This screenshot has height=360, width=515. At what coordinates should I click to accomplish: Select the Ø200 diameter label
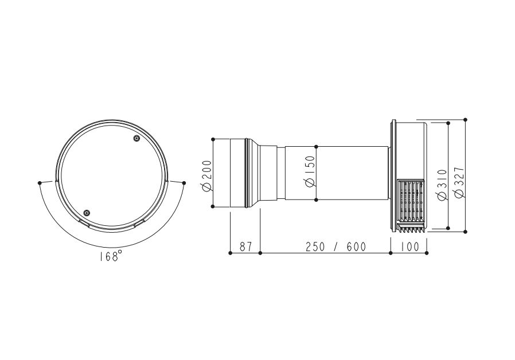click(x=207, y=175)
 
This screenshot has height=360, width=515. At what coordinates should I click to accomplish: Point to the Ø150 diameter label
click(x=310, y=171)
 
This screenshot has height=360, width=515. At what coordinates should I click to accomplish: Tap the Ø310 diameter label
click(x=443, y=185)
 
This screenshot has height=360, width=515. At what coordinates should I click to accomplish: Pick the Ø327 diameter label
click(x=459, y=183)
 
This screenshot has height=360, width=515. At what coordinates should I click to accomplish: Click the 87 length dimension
click(x=245, y=246)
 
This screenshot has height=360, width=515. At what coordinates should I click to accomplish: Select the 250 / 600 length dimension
click(x=335, y=246)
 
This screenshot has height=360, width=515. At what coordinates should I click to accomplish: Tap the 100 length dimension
click(x=409, y=246)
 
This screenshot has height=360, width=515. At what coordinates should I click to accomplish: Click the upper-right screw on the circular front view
click(x=136, y=139)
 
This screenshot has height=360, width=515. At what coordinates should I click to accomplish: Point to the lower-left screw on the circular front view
click(x=87, y=213)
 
